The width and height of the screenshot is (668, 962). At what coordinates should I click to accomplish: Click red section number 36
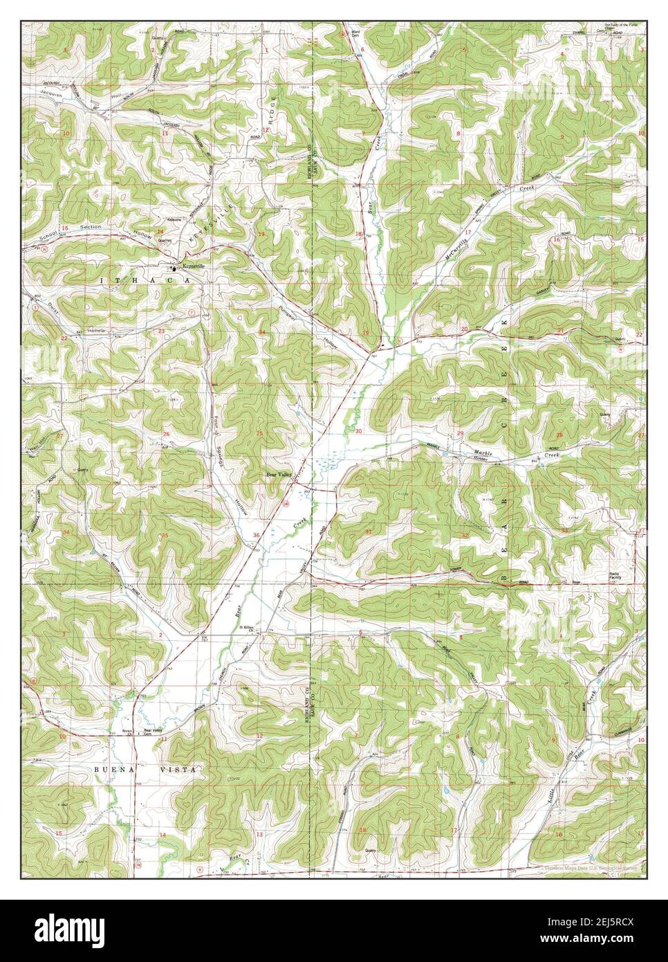237,535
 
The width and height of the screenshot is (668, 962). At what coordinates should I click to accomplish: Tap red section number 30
358,431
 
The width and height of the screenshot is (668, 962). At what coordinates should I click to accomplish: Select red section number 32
464,536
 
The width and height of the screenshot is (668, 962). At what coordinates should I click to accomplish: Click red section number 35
165,536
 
